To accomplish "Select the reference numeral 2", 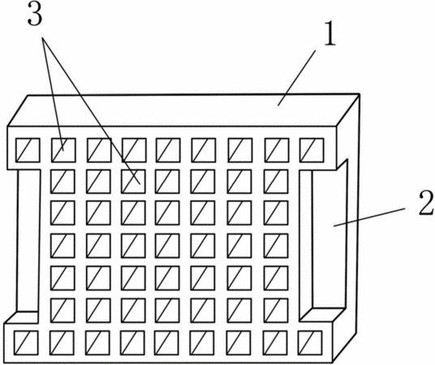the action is (426, 203).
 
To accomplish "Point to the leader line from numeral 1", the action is (296, 78).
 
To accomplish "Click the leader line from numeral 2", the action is (369, 217).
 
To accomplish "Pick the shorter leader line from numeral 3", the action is (53, 94).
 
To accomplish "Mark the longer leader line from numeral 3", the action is (91, 110).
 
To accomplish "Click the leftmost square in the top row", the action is (28, 150).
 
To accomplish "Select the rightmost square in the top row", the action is (312, 150).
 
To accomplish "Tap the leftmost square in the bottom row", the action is (26, 342).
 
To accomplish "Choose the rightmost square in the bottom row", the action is (310, 342).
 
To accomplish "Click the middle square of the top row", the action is (168, 150).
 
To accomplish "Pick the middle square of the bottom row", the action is (166, 342).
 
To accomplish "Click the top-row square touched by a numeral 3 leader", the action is (63, 150).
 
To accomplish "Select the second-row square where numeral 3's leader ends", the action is (133, 182).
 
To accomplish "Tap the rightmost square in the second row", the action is (276, 182).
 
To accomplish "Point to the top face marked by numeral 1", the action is (183, 110).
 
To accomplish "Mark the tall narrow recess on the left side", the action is (28, 241).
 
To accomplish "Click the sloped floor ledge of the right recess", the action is (323, 315).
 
